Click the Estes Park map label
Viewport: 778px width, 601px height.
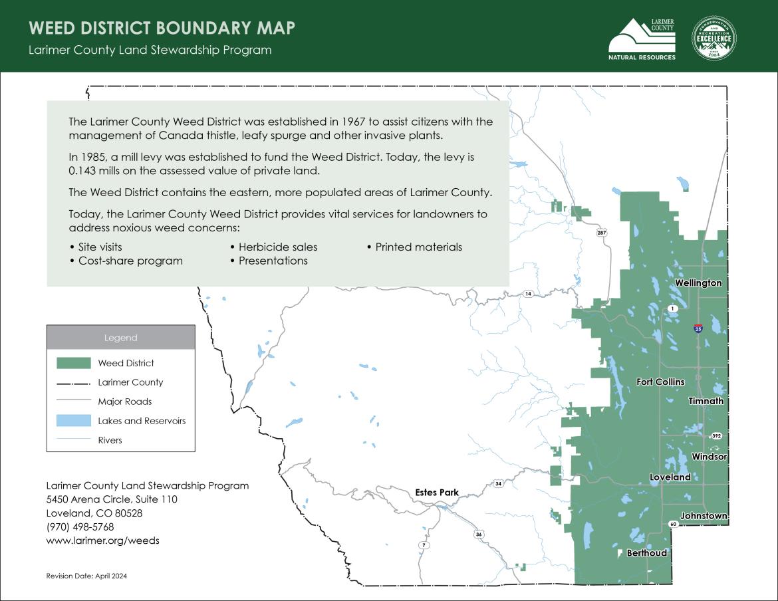pyautogui.click(x=437, y=493)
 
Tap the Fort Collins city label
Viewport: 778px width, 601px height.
pyautogui.click(x=660, y=382)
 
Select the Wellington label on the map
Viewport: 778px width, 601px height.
pyautogui.click(x=698, y=283)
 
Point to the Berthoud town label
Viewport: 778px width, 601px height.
pyautogui.click(x=646, y=552)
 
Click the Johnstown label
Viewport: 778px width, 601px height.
pyautogui.click(x=704, y=516)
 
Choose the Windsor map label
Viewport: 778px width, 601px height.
pyautogui.click(x=709, y=457)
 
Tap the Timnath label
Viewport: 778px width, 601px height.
pyautogui.click(x=706, y=401)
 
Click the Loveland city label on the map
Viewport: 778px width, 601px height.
pyautogui.click(x=670, y=477)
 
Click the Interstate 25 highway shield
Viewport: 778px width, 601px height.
pyautogui.click(x=698, y=328)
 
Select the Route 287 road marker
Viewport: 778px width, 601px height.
pyautogui.click(x=601, y=233)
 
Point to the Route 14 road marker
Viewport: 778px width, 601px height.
pyautogui.click(x=527, y=293)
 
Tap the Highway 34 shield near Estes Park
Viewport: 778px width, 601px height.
pyautogui.click(x=498, y=483)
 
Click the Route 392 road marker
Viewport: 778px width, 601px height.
pyautogui.click(x=715, y=436)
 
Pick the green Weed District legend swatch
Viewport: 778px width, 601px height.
pyautogui.click(x=73, y=363)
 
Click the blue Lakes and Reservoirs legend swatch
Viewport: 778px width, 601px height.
pyautogui.click(x=73, y=421)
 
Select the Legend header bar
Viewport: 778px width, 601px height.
pyautogui.click(x=120, y=338)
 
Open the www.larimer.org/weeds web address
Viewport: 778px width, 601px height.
pyautogui.click(x=102, y=541)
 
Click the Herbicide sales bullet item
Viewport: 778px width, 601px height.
pyautogui.click(x=273, y=247)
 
